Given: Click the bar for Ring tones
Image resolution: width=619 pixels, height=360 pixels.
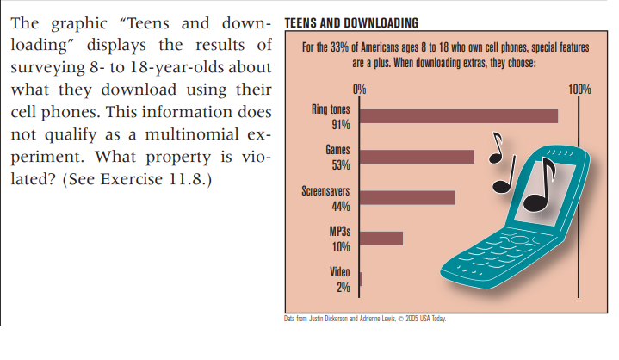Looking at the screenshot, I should coord(458,116).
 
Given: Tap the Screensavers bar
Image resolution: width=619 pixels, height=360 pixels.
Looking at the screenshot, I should coord(406,197).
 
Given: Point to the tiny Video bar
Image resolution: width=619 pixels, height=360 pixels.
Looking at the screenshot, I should coord(361,278).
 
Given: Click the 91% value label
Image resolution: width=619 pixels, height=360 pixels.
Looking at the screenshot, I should coord(340,124).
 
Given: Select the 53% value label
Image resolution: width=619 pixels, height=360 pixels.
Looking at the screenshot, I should coord(340,164).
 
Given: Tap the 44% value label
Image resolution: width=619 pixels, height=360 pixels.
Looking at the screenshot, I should coord(340,206).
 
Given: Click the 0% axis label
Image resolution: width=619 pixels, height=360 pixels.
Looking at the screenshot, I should coord(359,89).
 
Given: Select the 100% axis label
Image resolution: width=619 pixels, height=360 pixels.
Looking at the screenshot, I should coord(580,89).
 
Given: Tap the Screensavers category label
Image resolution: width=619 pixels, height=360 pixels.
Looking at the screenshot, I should coord(325,190).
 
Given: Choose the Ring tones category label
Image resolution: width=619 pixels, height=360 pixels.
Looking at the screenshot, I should coord(331,109).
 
